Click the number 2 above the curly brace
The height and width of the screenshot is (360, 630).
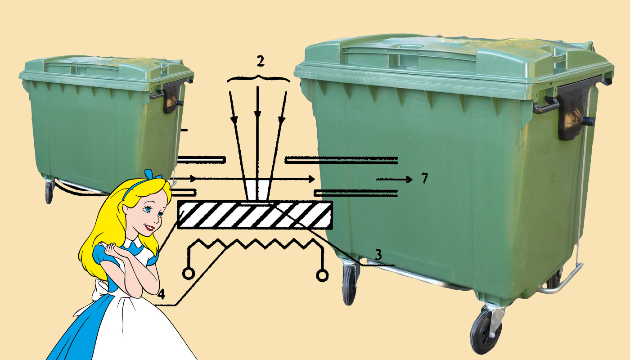pyautogui.click(x=261, y=61)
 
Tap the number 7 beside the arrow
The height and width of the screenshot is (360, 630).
pyautogui.click(x=425, y=178)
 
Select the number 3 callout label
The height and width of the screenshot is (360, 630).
pyautogui.click(x=378, y=255)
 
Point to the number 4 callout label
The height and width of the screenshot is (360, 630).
pyautogui.click(x=161, y=294)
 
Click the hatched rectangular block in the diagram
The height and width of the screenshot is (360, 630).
pyautogui.click(x=255, y=215)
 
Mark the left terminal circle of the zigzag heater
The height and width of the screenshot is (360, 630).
pyautogui.click(x=188, y=274)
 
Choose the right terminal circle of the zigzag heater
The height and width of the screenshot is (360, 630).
pyautogui.click(x=322, y=275)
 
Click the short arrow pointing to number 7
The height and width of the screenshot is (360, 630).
pyautogui.click(x=394, y=179)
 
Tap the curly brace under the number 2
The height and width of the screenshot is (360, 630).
pyautogui.click(x=258, y=78)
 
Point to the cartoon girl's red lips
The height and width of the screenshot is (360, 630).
pyautogui.click(x=149, y=227)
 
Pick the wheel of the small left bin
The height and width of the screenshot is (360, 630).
pyautogui.click(x=49, y=192)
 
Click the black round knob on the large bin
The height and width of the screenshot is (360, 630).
pyautogui.click(x=588, y=121)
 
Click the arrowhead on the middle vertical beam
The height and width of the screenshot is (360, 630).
pyautogui.click(x=257, y=114)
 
